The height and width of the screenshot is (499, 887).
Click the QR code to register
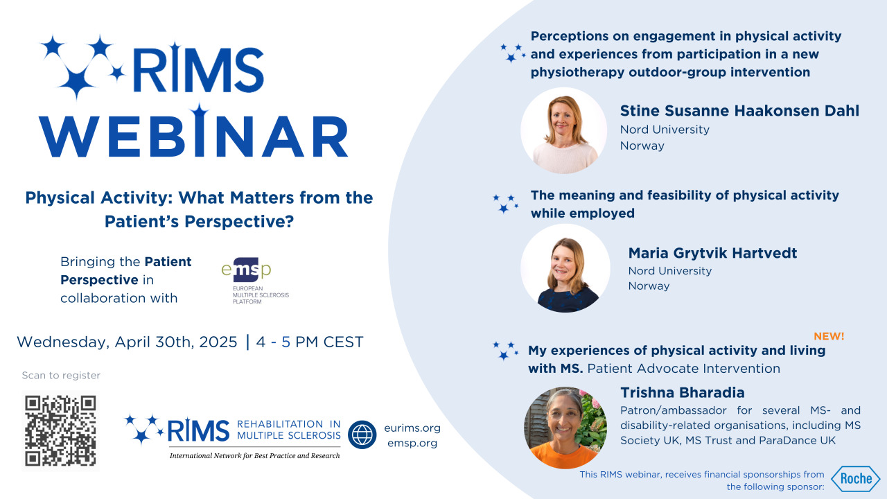pyautogui.click(x=60, y=430)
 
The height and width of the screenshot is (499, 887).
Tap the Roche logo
pyautogui.click(x=856, y=478)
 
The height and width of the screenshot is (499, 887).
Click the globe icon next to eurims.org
pyautogui.click(x=362, y=435)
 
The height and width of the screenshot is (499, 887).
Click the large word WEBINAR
pyautogui.click(x=193, y=136)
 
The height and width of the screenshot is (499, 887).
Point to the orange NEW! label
pyautogui.click(x=829, y=336)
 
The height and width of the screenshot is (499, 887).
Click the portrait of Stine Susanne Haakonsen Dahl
pyautogui.click(x=563, y=130)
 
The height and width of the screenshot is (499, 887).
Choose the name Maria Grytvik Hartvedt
pyautogui.click(x=712, y=253)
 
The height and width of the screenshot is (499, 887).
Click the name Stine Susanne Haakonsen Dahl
pyautogui.click(x=739, y=111)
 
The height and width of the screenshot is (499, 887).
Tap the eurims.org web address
pyautogui.click(x=412, y=428)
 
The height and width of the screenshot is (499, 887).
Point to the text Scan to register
pyautogui.click(x=61, y=376)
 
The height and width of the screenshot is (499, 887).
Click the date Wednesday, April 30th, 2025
pyautogui.click(x=127, y=342)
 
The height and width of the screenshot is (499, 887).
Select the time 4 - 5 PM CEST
pyautogui.click(x=309, y=342)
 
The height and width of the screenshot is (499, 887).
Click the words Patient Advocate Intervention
pyautogui.click(x=683, y=369)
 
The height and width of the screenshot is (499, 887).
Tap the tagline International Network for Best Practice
pyautogui.click(x=254, y=455)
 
